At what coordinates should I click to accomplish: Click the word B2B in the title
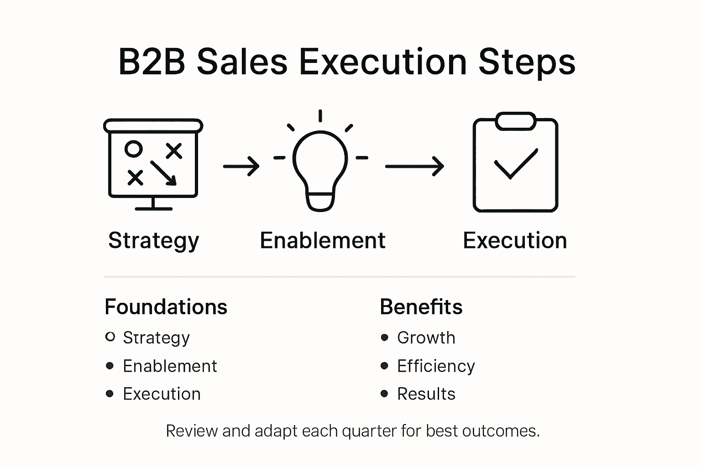(x=152, y=62)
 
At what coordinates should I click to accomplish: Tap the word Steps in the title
(x=527, y=62)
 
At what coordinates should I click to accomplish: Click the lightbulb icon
(x=320, y=169)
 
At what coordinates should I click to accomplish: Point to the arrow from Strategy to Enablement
(x=241, y=166)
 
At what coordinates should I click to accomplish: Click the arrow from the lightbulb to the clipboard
(x=414, y=166)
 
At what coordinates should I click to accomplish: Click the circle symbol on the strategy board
(x=134, y=149)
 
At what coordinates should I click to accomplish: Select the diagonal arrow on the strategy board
(x=163, y=173)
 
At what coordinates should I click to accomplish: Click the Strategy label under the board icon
(x=154, y=240)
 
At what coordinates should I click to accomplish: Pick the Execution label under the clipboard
(x=515, y=240)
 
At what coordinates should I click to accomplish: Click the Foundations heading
(x=166, y=307)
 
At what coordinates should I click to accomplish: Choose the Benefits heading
(x=421, y=307)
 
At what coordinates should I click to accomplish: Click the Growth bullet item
(x=426, y=338)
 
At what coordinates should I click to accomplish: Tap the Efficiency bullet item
(x=436, y=366)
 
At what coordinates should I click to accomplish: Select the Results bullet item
(x=426, y=394)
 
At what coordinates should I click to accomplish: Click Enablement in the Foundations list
(x=170, y=366)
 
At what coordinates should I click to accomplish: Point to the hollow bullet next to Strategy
(x=110, y=337)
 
